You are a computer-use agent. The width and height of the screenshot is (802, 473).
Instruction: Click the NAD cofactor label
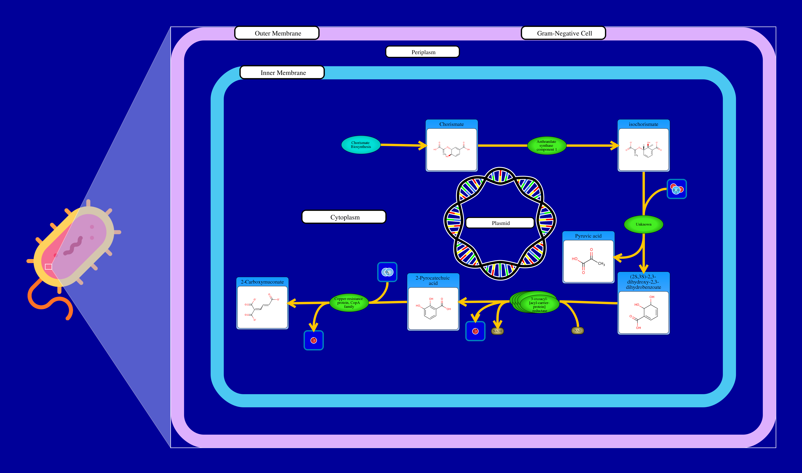577,331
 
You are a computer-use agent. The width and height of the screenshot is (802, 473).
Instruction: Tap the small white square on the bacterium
49,266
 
